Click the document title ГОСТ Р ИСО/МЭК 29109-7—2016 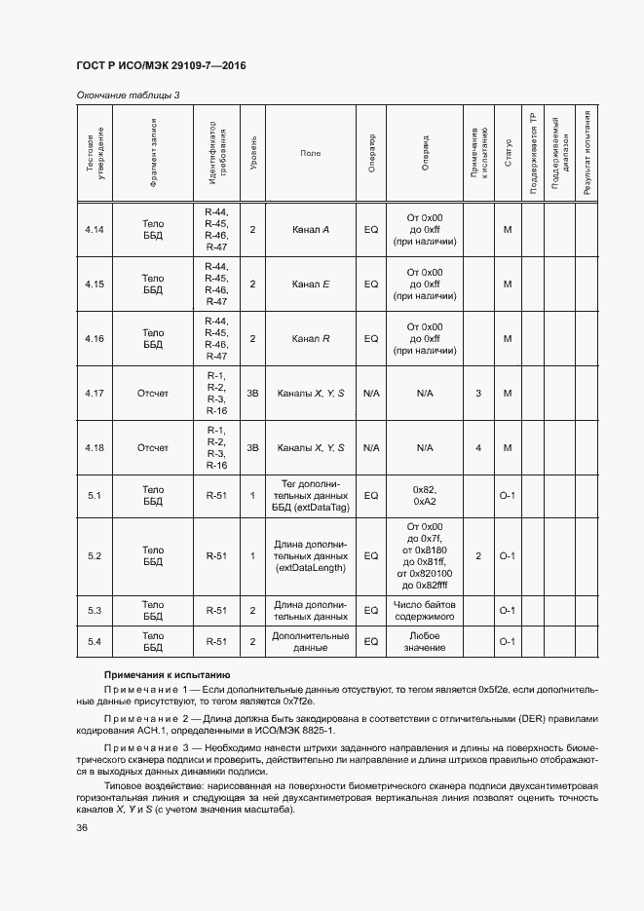[x=161, y=65]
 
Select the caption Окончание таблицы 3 [x=127, y=95]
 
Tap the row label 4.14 [x=95, y=230]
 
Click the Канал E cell [x=311, y=285]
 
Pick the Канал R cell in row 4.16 [x=311, y=339]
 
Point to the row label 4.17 [x=95, y=394]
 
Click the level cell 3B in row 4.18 [x=252, y=448]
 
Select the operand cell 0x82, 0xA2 [x=425, y=496]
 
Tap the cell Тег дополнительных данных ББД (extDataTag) [x=311, y=496]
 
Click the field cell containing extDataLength [x=311, y=556]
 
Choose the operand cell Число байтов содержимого [x=425, y=611]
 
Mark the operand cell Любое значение [x=425, y=642]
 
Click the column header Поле [x=311, y=154]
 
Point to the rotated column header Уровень [x=253, y=154]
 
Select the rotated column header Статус [x=508, y=154]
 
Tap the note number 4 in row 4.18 [x=478, y=448]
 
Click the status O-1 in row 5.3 [x=508, y=611]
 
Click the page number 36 [x=82, y=828]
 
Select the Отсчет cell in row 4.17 [x=153, y=394]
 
